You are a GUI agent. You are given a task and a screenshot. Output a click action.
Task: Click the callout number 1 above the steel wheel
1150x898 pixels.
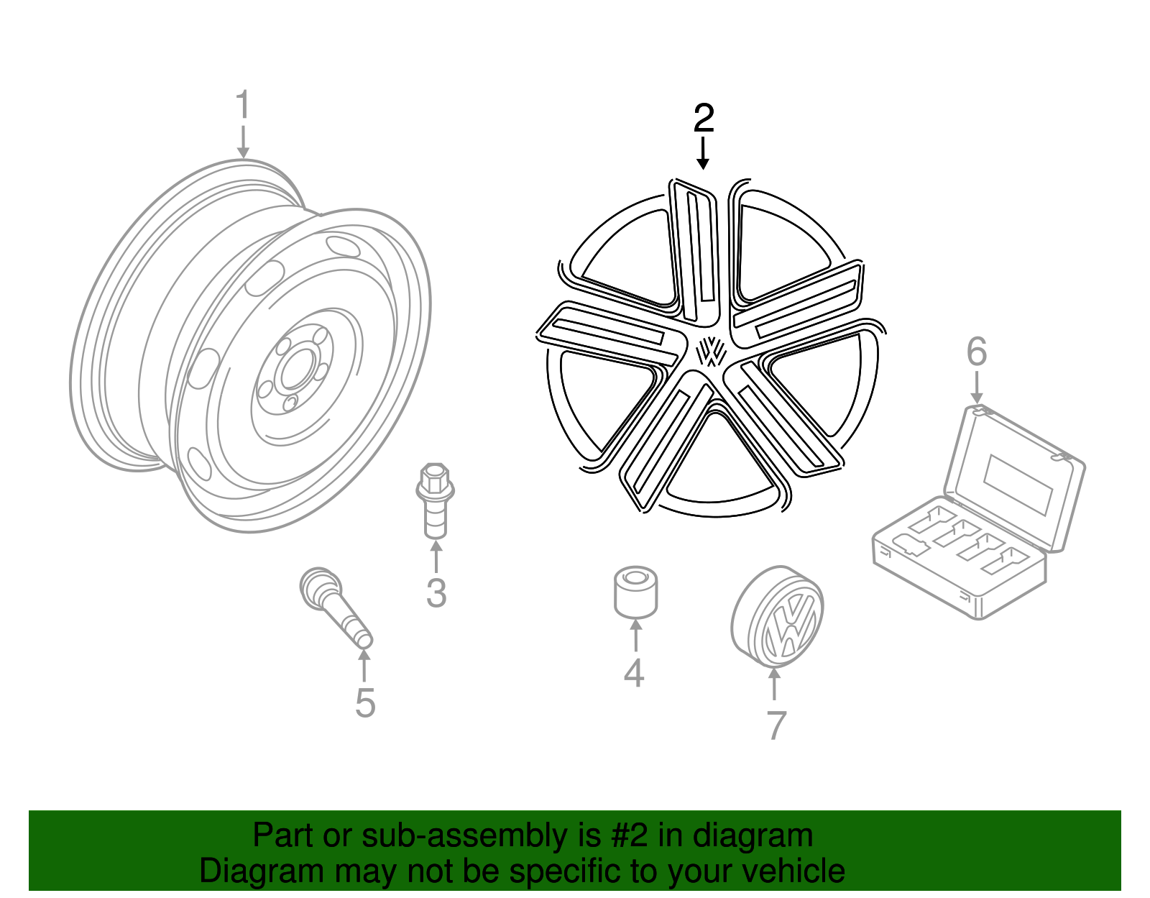pyautogui.click(x=243, y=106)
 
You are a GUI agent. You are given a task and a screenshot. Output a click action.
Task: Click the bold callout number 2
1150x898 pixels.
pyautogui.click(x=704, y=118)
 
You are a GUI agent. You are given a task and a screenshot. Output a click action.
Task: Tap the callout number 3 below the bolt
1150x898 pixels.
pyautogui.click(x=436, y=593)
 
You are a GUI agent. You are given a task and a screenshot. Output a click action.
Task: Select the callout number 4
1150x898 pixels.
pyautogui.click(x=633, y=673)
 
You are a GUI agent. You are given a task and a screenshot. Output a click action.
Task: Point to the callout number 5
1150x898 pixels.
pyautogui.click(x=365, y=703)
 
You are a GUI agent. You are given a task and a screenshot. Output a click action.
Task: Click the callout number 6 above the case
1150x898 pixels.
pyautogui.click(x=976, y=352)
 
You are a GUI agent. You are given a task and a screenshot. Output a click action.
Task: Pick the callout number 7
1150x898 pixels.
pyautogui.click(x=776, y=725)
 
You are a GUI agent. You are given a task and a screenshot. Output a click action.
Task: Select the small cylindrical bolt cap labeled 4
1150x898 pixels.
pyautogui.click(x=635, y=592)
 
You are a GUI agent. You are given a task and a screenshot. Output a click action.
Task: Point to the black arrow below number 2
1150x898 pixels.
pyautogui.click(x=703, y=154)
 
